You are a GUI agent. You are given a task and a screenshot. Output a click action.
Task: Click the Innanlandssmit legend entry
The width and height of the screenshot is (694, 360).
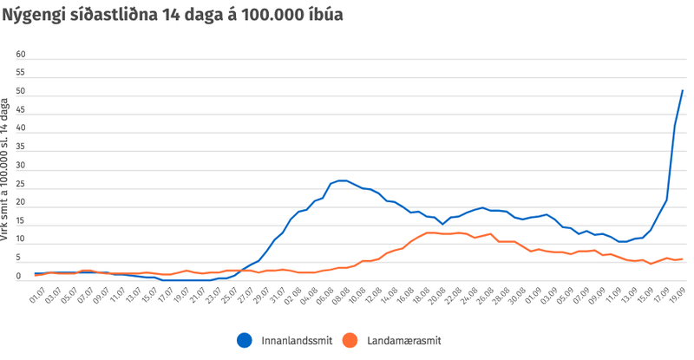(x=291, y=340)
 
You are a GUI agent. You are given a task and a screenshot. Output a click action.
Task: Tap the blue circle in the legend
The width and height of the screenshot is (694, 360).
(x=246, y=340)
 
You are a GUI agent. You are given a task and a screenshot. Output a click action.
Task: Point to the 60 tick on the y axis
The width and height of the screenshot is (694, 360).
(x=23, y=55)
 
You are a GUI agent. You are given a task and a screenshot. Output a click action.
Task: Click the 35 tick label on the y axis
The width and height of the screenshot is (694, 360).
(x=23, y=147)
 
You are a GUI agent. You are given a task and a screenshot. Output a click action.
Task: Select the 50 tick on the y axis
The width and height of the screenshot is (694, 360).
(x=23, y=92)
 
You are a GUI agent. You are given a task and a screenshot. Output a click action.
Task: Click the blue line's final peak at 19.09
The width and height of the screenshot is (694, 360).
(x=683, y=90)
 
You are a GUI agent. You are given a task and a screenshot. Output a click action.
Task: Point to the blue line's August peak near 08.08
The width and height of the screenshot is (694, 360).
(x=344, y=180)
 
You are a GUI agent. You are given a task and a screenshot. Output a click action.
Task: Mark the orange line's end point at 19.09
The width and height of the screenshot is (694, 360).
(x=683, y=259)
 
